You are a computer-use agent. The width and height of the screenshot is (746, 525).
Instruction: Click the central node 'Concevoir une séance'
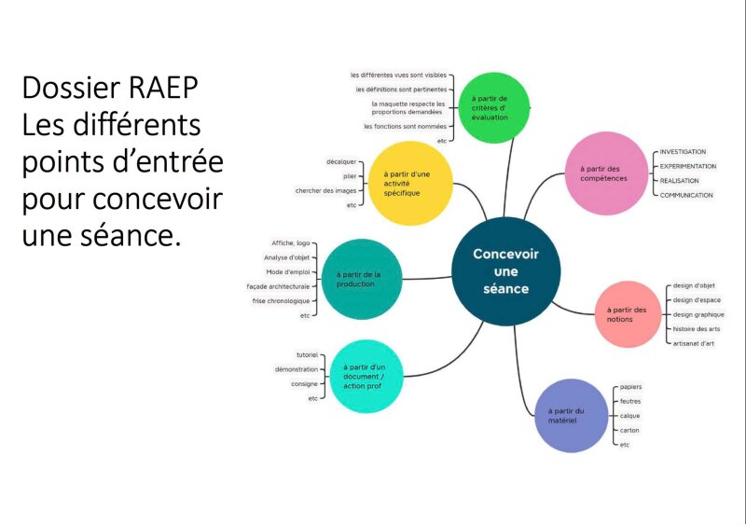[505, 270]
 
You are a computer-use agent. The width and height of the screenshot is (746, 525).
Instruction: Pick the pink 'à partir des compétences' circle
[607, 173]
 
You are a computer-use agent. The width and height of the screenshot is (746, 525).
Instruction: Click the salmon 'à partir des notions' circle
[632, 313]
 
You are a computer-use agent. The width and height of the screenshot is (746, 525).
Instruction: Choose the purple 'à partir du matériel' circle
[566, 415]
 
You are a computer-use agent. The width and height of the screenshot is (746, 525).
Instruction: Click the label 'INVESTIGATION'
[683, 152]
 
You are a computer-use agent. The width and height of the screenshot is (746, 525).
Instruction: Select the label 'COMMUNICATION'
[686, 195]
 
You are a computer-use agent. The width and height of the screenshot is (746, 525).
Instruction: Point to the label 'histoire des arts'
[696, 329]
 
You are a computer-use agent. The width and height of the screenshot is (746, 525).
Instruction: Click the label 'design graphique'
[698, 314]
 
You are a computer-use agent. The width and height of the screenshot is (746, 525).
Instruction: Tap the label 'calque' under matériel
[630, 416]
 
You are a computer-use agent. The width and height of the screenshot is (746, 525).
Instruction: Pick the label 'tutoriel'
[307, 355]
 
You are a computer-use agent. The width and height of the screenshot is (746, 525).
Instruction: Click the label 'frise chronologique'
[281, 301]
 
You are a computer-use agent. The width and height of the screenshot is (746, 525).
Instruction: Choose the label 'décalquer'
[340, 161]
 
